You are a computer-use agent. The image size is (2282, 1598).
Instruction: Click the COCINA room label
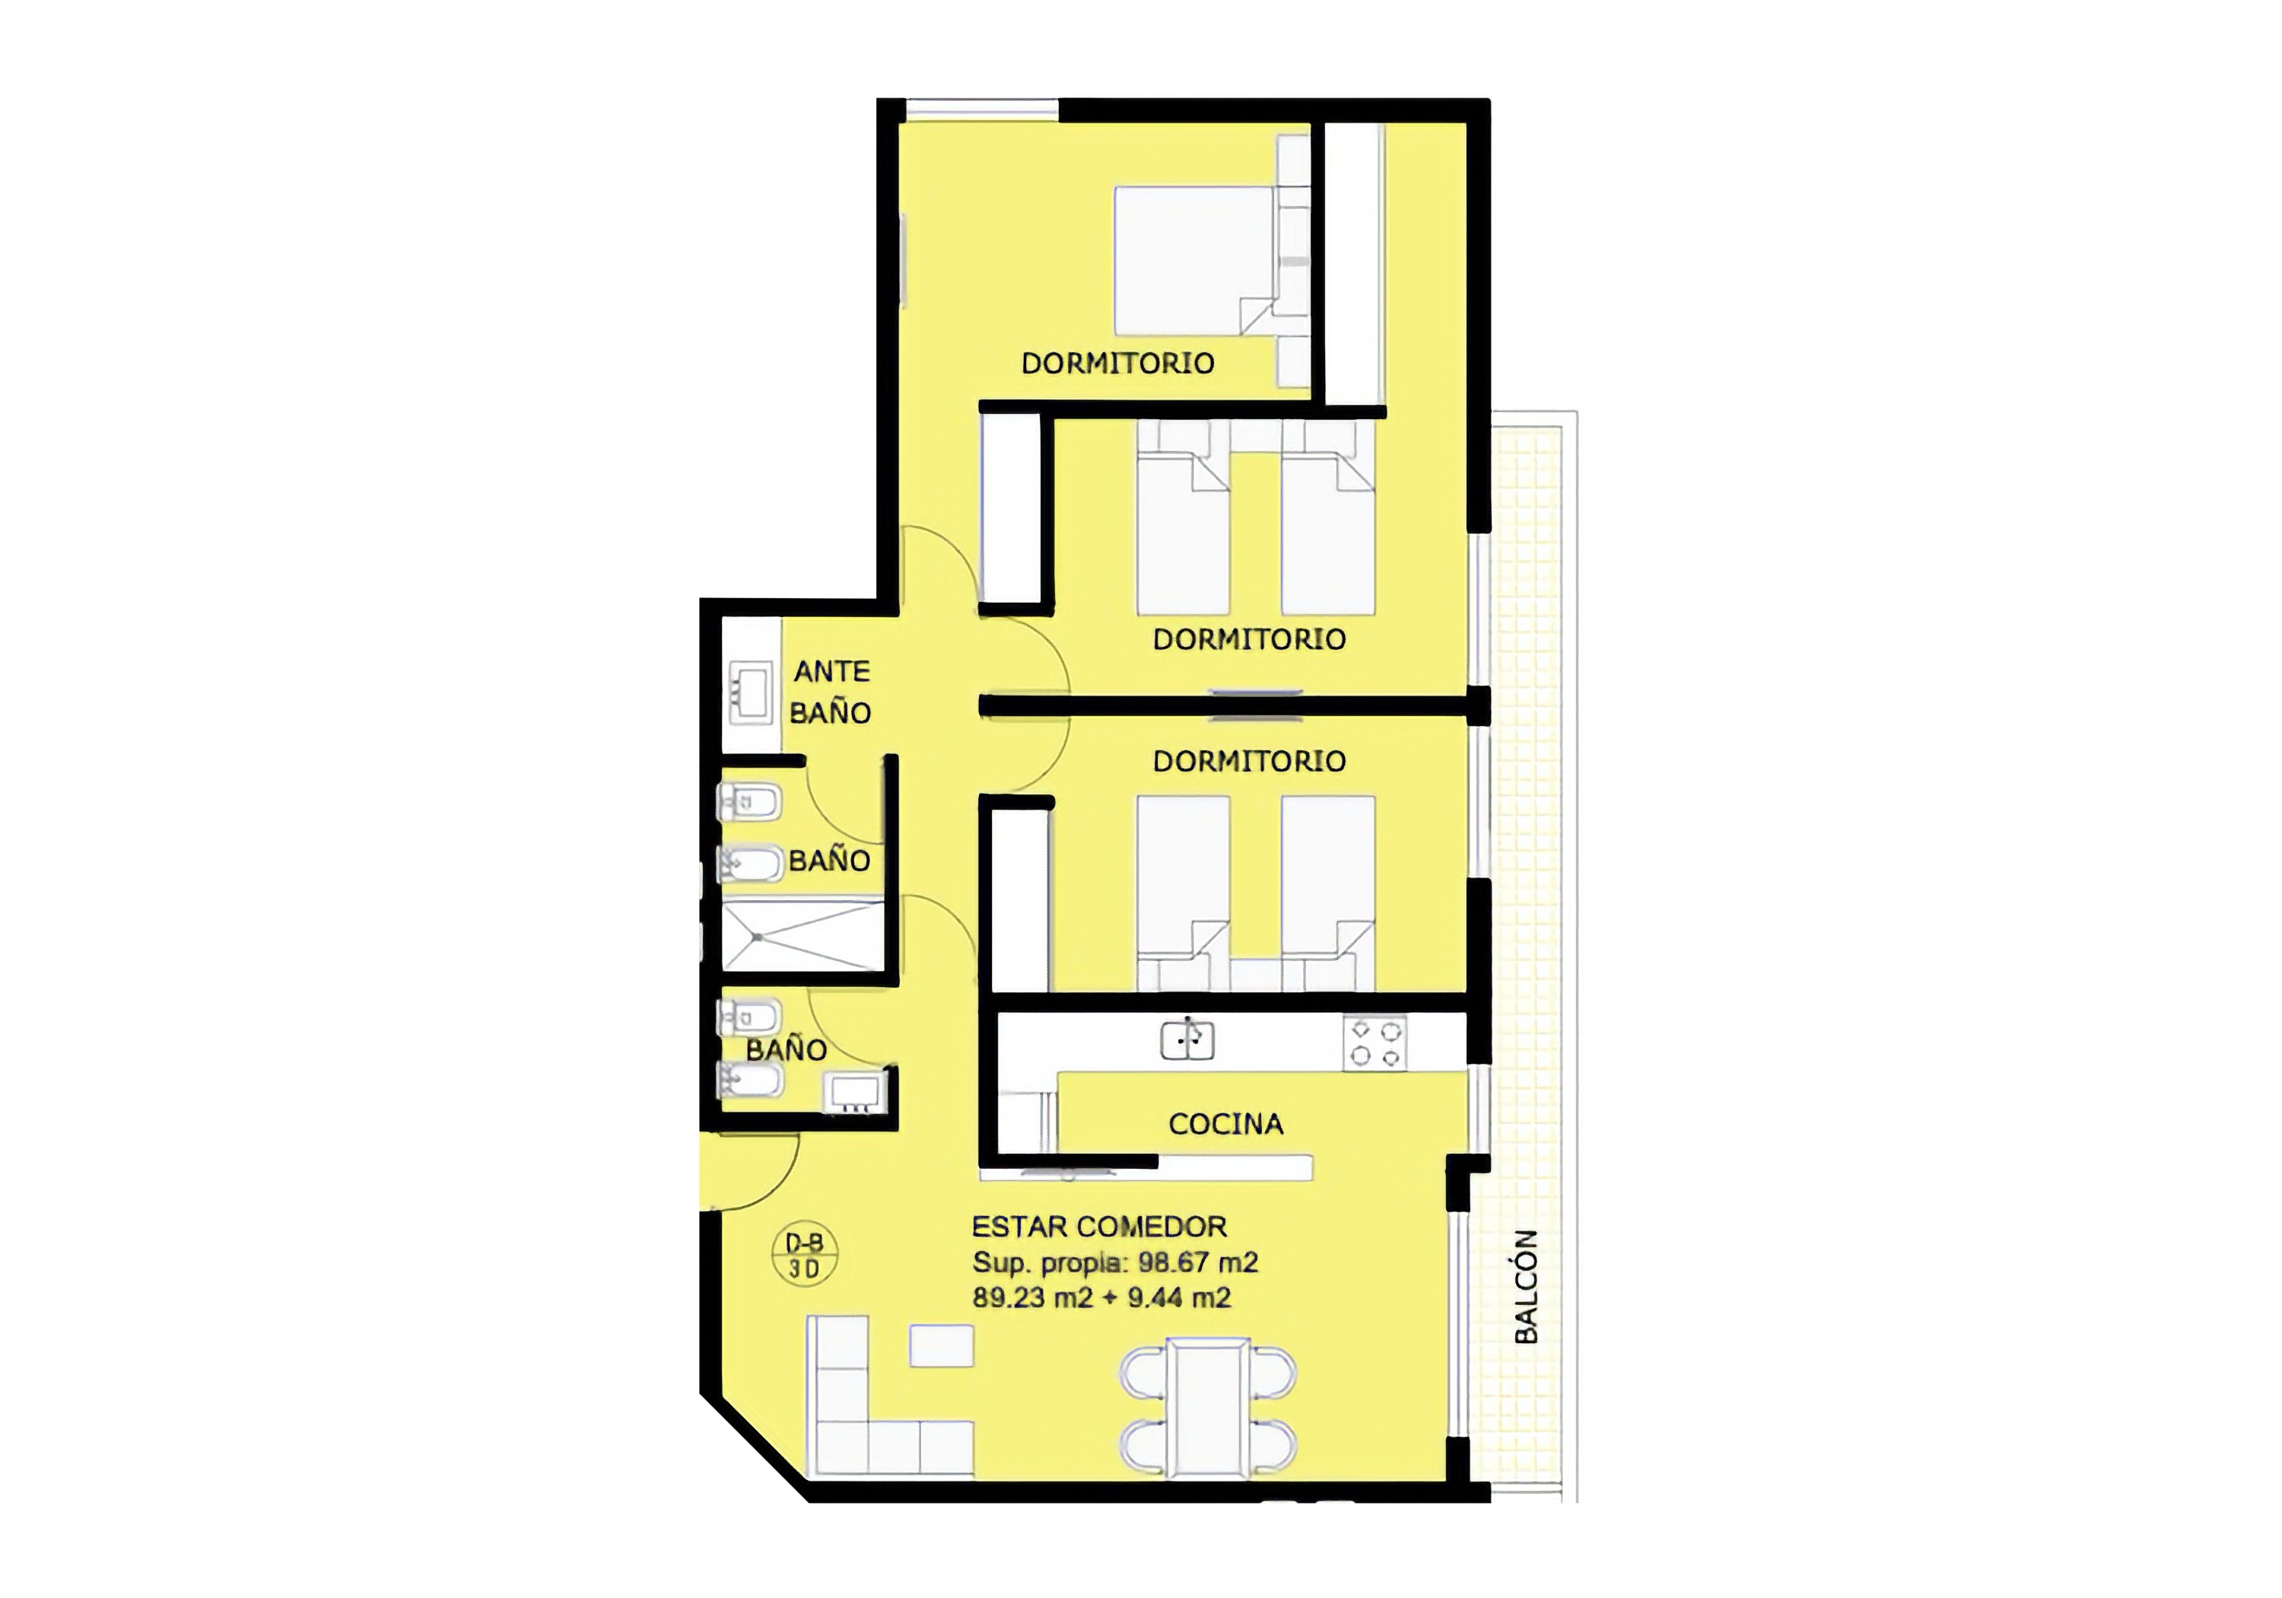pyautogui.click(x=1225, y=1124)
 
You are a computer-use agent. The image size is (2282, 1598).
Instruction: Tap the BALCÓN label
pyautogui.click(x=1526, y=1287)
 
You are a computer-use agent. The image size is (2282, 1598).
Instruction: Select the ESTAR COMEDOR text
pyautogui.click(x=1099, y=1226)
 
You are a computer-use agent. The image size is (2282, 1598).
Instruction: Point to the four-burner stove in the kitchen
pyautogui.click(x=1375, y=1043)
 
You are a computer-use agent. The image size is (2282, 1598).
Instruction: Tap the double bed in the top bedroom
pyautogui.click(x=1193, y=260)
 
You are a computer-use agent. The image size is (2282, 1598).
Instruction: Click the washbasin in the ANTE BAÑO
pyautogui.click(x=749, y=692)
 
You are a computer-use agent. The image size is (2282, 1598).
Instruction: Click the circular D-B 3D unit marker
pyautogui.click(x=804, y=1256)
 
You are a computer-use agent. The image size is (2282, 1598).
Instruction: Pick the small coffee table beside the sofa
pyautogui.click(x=941, y=1345)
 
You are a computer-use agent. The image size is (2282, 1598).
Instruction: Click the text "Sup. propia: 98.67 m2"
pyautogui.click(x=1115, y=1262)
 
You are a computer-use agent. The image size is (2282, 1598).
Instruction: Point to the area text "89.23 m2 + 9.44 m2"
pyautogui.click(x=1101, y=1297)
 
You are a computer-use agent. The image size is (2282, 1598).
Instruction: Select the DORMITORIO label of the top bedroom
pyautogui.click(x=1118, y=363)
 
